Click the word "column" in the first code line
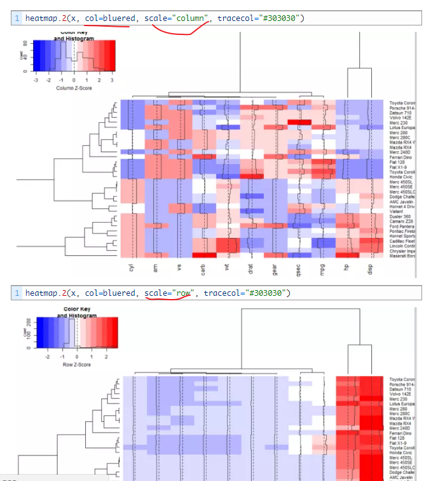click(x=189, y=18)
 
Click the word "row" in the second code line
click(x=183, y=293)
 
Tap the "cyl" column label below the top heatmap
click(x=131, y=270)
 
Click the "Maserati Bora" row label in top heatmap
click(x=402, y=256)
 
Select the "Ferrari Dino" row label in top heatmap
click(x=400, y=157)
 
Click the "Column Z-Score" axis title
click(x=74, y=88)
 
